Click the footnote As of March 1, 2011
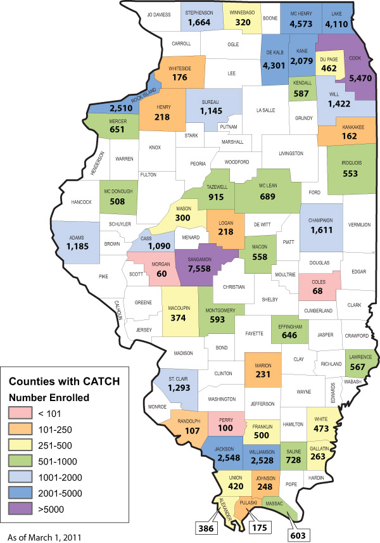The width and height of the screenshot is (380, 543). [45, 537]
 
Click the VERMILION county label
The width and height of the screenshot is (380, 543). [359, 224]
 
